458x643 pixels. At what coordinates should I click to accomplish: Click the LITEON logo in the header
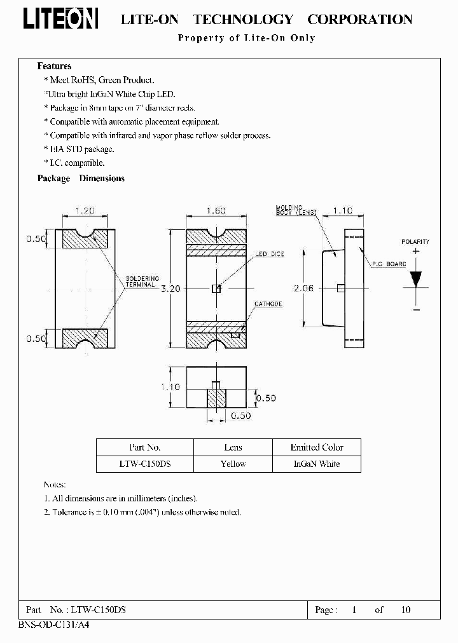[x=61, y=19]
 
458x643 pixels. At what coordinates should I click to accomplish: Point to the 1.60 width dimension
[x=217, y=211]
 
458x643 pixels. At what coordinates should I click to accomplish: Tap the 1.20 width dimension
[x=85, y=211]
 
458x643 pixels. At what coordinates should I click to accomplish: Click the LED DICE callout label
[x=270, y=254]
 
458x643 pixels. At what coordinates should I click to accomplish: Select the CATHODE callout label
[x=268, y=304]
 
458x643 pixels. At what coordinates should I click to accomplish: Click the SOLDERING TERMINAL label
[x=142, y=282]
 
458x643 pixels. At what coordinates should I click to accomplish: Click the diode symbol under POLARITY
[x=416, y=279]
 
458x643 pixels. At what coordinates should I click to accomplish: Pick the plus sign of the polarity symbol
[x=416, y=251]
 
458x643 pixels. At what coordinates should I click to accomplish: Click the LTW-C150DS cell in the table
[x=144, y=464]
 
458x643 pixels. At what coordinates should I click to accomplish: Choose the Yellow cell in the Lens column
[x=233, y=464]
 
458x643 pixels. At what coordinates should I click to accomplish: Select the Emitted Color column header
[x=317, y=447]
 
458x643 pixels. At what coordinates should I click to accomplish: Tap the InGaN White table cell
[x=317, y=464]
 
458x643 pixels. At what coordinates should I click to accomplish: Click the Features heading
[x=54, y=66]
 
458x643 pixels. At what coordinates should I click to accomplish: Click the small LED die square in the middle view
[x=216, y=288]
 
